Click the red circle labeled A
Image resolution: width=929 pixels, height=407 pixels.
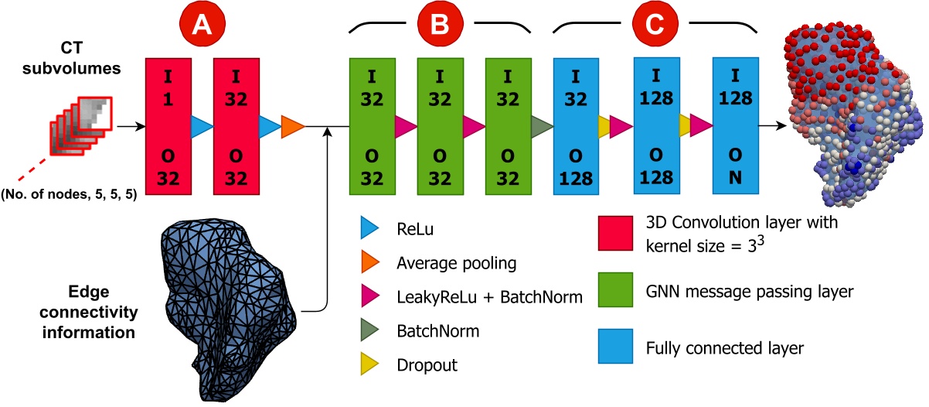[x=202, y=26]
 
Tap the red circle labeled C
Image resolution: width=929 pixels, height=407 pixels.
[x=645, y=26]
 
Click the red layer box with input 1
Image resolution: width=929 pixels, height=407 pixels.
[x=168, y=126]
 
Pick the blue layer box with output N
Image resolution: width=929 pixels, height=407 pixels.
[x=735, y=126]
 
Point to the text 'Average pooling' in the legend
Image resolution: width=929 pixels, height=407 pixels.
[x=455, y=264]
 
